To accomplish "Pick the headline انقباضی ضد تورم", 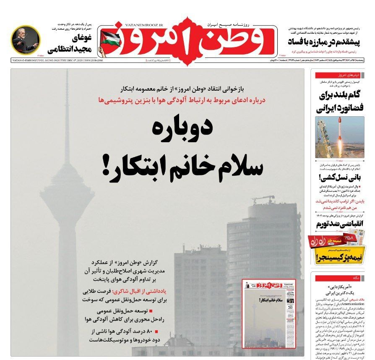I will (x=339, y=223).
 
